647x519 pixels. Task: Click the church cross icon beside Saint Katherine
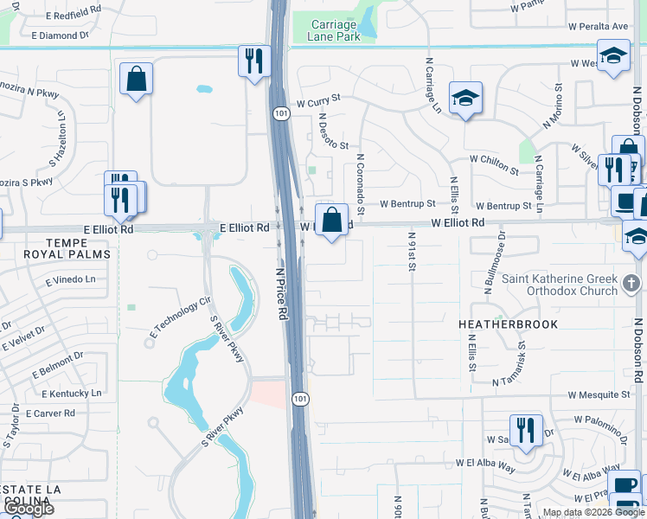tap(632, 283)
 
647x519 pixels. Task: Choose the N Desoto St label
tap(332, 131)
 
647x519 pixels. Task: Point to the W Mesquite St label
tap(599, 394)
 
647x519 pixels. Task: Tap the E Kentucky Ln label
tap(67, 393)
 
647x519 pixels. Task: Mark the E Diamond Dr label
tap(60, 35)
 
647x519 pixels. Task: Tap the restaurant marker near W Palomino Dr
tap(526, 431)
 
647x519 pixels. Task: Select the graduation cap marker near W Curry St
tap(464, 99)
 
